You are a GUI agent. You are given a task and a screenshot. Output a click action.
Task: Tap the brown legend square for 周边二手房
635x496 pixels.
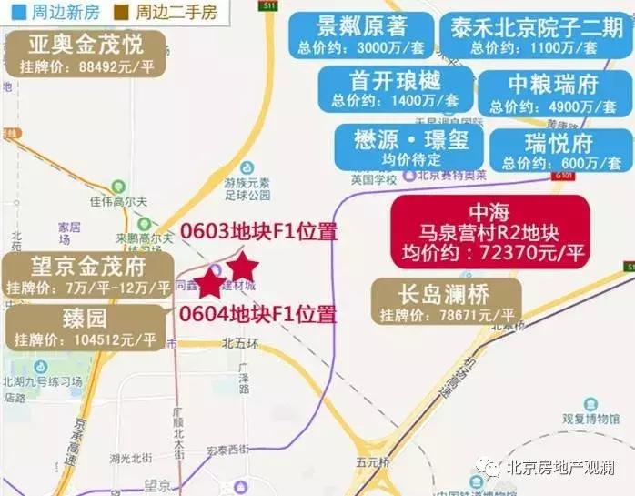pyautogui.click(x=118, y=13)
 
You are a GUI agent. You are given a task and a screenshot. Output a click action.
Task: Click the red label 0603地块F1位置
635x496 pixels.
pyautogui.click(x=258, y=231)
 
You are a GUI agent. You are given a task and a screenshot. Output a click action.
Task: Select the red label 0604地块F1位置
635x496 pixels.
pyautogui.click(x=258, y=315)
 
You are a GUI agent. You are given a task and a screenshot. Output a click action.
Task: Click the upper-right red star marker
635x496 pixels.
pyautogui.click(x=243, y=267)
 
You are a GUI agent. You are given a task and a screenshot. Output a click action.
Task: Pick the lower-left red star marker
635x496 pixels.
pyautogui.click(x=209, y=283)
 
